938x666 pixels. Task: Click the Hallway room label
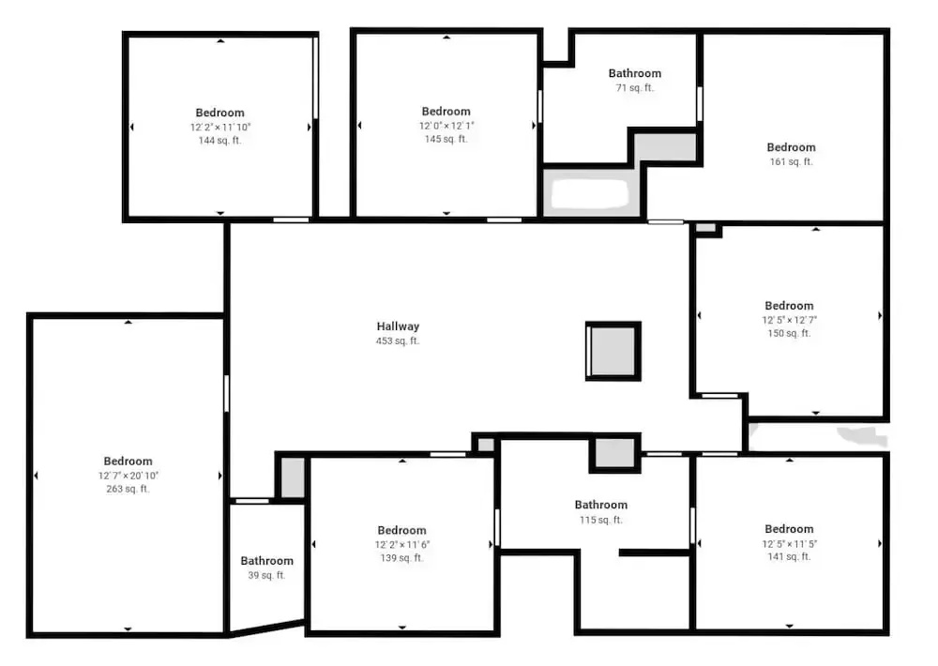[x=398, y=326]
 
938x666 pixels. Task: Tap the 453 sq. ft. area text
[x=398, y=341]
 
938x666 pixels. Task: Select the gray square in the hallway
[x=613, y=351]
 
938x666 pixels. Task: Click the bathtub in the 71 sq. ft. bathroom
[x=590, y=193]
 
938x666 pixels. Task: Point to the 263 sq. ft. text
[x=128, y=489]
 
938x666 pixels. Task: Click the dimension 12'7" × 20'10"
[x=128, y=476]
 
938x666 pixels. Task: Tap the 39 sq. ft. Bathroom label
[x=266, y=561]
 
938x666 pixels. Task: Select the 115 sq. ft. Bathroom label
[x=601, y=505]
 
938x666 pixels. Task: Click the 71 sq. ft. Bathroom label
[x=635, y=73]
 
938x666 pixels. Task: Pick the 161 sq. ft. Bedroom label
[x=791, y=147]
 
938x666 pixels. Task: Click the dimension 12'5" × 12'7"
[x=789, y=320]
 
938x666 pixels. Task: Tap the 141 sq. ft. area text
[x=789, y=556]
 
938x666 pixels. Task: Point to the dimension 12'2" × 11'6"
[x=402, y=545]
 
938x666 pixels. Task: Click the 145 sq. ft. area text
[x=446, y=139]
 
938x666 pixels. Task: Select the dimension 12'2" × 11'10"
[x=220, y=127]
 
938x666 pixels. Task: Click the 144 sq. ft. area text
[x=220, y=141]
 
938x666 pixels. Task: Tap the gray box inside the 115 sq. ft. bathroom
[x=614, y=453]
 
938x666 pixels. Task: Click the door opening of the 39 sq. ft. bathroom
[x=252, y=501]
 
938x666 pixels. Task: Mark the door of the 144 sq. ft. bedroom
[x=291, y=220]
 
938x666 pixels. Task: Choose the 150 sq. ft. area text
[x=789, y=333]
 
